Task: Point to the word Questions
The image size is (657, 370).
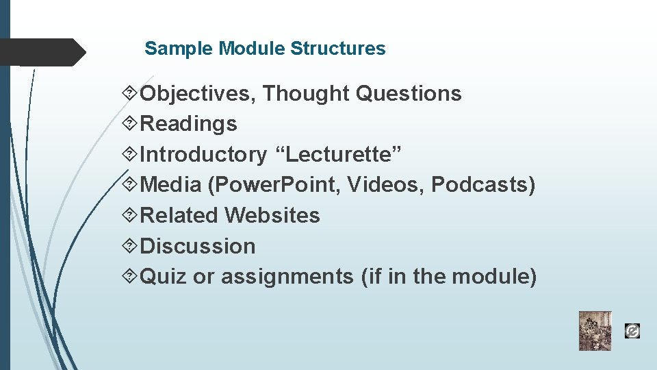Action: pyautogui.click(x=409, y=93)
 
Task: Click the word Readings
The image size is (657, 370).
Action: pyautogui.click(x=188, y=124)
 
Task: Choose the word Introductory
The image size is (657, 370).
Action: pyautogui.click(x=203, y=154)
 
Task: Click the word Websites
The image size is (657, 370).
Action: pyautogui.click(x=272, y=215)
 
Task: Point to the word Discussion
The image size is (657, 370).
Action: pyautogui.click(x=197, y=246)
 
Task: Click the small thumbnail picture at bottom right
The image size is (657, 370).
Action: pyautogui.click(x=595, y=331)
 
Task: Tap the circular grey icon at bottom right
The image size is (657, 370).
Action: pyautogui.click(x=632, y=332)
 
